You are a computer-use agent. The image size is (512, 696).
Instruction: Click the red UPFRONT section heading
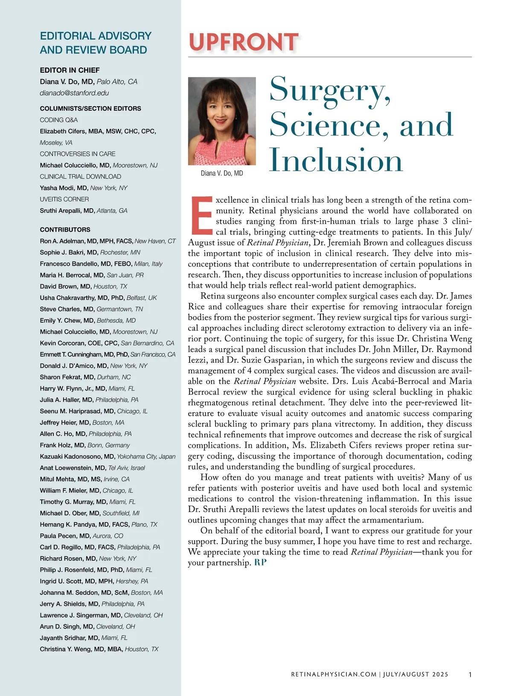(x=243, y=42)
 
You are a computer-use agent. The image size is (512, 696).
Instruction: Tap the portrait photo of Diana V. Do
(x=222, y=121)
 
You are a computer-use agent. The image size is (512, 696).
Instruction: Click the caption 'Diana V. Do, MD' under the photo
(x=222, y=173)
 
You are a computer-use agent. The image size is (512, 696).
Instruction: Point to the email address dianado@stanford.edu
(x=74, y=93)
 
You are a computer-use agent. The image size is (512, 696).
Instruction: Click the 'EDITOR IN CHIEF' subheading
(x=70, y=70)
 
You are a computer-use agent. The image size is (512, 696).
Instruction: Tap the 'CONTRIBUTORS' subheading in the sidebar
(x=65, y=230)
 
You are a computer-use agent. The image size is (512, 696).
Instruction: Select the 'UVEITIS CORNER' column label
(x=64, y=199)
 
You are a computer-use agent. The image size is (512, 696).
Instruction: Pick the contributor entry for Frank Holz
(x=63, y=445)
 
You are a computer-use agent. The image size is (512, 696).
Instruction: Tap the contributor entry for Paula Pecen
(x=65, y=536)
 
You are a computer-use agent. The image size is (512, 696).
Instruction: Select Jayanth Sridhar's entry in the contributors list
(x=70, y=638)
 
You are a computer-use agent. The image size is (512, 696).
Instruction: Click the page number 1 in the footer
(x=470, y=675)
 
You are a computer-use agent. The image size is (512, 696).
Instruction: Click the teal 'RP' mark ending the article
(x=260, y=563)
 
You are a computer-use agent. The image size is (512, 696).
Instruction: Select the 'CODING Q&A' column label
(x=59, y=120)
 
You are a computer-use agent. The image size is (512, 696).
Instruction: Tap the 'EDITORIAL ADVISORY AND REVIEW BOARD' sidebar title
(x=96, y=43)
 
